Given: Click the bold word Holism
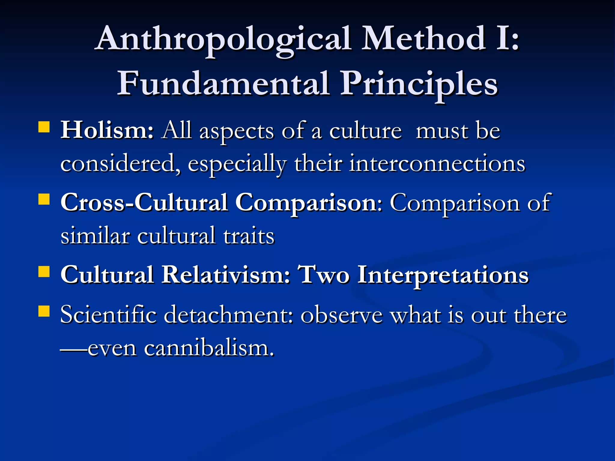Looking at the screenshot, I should click(107, 131).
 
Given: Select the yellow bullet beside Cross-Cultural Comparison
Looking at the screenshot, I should click(44, 199).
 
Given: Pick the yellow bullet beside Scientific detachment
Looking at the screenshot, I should click(44, 311).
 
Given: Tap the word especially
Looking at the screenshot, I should click(237, 164).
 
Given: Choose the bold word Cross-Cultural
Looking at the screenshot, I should click(144, 203).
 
